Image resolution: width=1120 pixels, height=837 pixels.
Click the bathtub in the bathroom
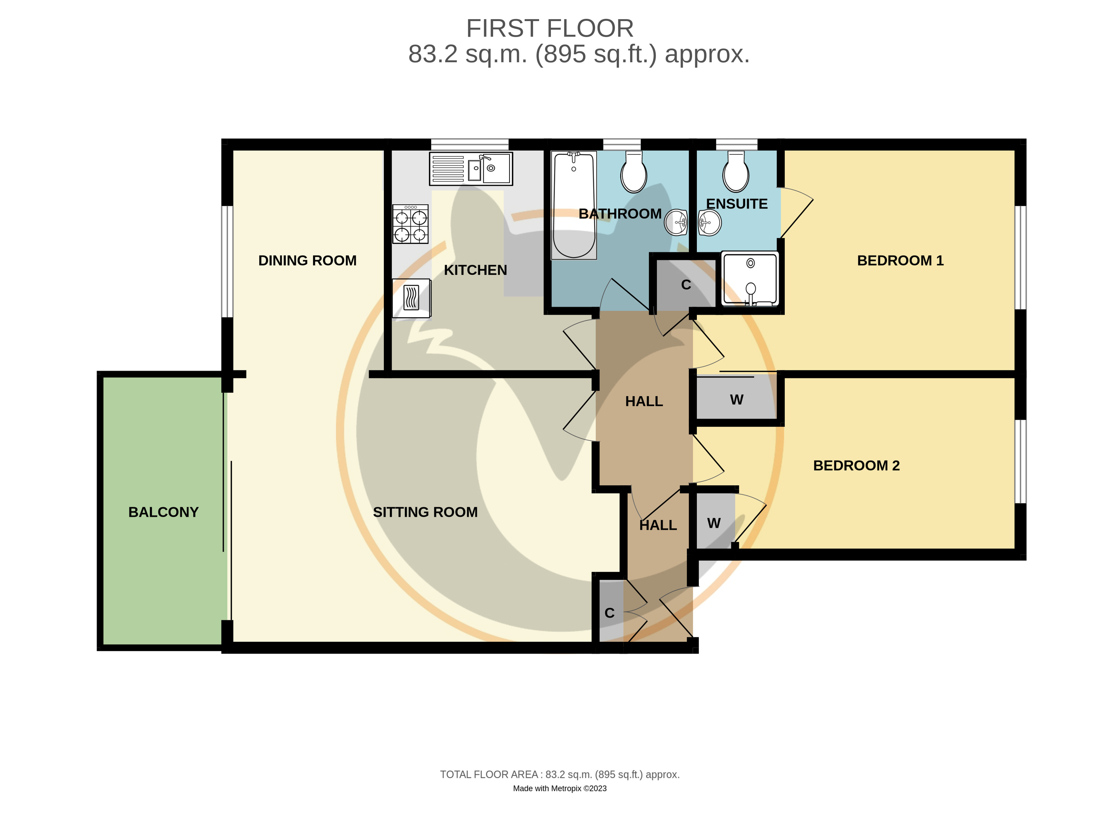[x=574, y=205]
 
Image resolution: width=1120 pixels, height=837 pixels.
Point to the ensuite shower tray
[x=750, y=279]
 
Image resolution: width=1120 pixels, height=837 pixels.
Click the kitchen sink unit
[x=471, y=169]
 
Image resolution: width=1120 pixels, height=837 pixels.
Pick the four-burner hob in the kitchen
[x=410, y=224]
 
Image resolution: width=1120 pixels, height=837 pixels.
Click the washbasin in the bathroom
[x=676, y=222]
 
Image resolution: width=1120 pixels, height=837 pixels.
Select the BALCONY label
[x=164, y=512]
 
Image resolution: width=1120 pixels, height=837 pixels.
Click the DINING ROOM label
[x=307, y=260]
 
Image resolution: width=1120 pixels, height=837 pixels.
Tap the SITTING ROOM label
[x=425, y=512]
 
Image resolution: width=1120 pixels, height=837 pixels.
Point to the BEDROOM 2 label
[x=856, y=465]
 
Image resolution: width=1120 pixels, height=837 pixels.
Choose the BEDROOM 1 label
[x=900, y=260]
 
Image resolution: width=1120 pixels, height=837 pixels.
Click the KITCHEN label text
[x=476, y=270]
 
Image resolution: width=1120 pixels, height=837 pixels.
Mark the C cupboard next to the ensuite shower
[x=686, y=285]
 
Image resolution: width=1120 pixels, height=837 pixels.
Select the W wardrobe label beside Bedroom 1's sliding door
[x=737, y=400]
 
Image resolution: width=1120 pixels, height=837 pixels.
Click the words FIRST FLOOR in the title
[x=550, y=28]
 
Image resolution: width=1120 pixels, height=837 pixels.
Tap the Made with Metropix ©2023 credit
[x=560, y=788]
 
